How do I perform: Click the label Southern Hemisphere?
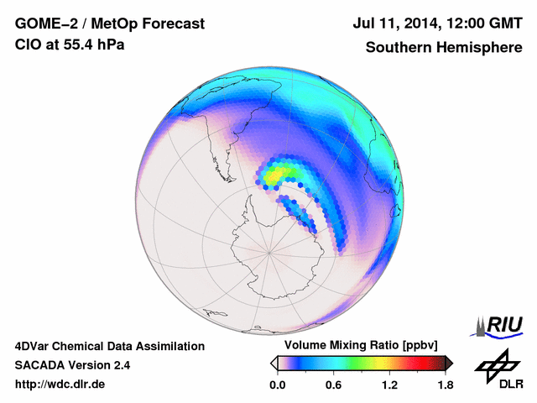(x=444, y=48)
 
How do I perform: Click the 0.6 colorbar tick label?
(x=333, y=385)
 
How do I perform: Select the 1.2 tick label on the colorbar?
(x=389, y=385)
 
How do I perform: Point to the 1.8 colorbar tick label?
(x=445, y=385)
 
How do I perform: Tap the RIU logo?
(x=499, y=325)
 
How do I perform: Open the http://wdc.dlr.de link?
(x=60, y=385)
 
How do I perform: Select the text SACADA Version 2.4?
(x=72, y=365)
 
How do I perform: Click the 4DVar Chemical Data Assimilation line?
(x=109, y=346)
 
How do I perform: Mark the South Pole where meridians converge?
(x=269, y=250)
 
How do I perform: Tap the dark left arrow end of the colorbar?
(x=274, y=363)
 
